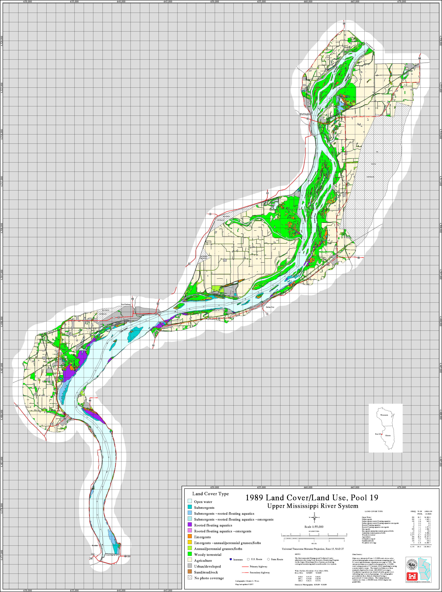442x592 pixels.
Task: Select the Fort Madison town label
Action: pos(126,304)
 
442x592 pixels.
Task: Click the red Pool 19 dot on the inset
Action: pos(382,434)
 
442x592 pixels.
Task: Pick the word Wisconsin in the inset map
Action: pos(384,415)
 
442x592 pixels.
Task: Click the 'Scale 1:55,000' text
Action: pos(314,527)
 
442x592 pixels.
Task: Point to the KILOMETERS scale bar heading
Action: pos(314,531)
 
